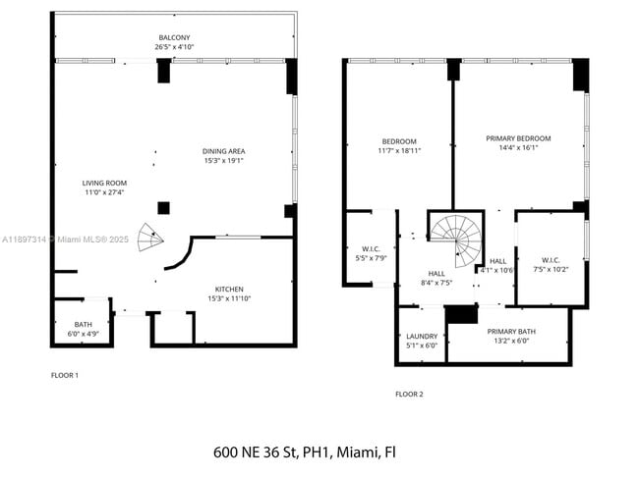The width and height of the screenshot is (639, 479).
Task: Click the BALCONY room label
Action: (174, 38)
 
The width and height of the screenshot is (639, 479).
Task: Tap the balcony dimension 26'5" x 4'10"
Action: (174, 47)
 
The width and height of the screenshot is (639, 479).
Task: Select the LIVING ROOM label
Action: (104, 184)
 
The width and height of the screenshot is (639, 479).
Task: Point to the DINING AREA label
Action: (224, 151)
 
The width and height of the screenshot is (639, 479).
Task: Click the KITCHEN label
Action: (229, 290)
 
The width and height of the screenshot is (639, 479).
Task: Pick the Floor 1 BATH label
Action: (84, 325)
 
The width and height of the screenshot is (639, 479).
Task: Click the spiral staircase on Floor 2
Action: (456, 240)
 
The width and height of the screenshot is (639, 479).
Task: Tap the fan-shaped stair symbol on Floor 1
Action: (150, 238)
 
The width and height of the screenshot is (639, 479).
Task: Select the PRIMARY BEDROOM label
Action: (518, 138)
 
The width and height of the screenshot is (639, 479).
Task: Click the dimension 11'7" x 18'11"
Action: (399, 150)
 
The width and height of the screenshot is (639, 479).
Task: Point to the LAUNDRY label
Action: (422, 337)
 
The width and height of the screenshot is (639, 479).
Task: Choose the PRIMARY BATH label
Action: (511, 332)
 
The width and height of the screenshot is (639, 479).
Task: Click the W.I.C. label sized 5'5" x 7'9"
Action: (371, 249)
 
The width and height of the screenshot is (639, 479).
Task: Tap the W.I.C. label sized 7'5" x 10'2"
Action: (551, 260)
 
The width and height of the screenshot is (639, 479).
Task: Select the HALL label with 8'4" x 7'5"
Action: (436, 274)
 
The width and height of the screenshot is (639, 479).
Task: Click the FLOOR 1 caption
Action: (64, 375)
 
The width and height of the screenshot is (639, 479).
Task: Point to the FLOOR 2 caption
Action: (409, 394)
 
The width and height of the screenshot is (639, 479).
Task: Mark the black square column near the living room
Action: (163, 208)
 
